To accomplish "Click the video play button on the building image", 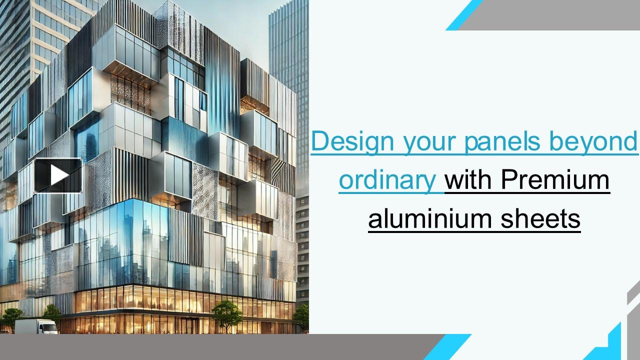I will [x=58, y=175].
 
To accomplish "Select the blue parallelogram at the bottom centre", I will [x=447, y=347].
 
